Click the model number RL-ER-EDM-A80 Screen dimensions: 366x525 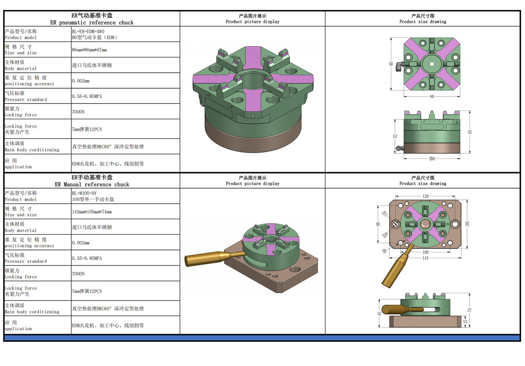point(88,32)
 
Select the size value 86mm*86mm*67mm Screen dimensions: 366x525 point(89,50)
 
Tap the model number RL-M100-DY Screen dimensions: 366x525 point(84,193)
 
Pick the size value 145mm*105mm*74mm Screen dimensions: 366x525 point(92,212)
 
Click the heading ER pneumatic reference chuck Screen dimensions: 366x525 point(92,23)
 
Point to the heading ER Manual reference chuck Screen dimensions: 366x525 point(92,185)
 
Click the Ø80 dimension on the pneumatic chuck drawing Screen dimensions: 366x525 point(432,159)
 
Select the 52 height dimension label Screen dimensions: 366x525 point(395,136)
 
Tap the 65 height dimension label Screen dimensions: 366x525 point(470,132)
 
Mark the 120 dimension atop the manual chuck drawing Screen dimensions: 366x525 point(425,196)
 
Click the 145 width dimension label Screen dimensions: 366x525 point(425,258)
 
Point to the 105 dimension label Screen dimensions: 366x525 point(467,224)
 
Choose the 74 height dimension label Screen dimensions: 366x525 point(469,310)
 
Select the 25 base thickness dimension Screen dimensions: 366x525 point(465,321)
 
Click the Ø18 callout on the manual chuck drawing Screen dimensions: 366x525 point(385,235)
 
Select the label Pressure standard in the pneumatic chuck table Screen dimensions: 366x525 point(26,100)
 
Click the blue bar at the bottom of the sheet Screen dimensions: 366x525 point(262,338)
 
